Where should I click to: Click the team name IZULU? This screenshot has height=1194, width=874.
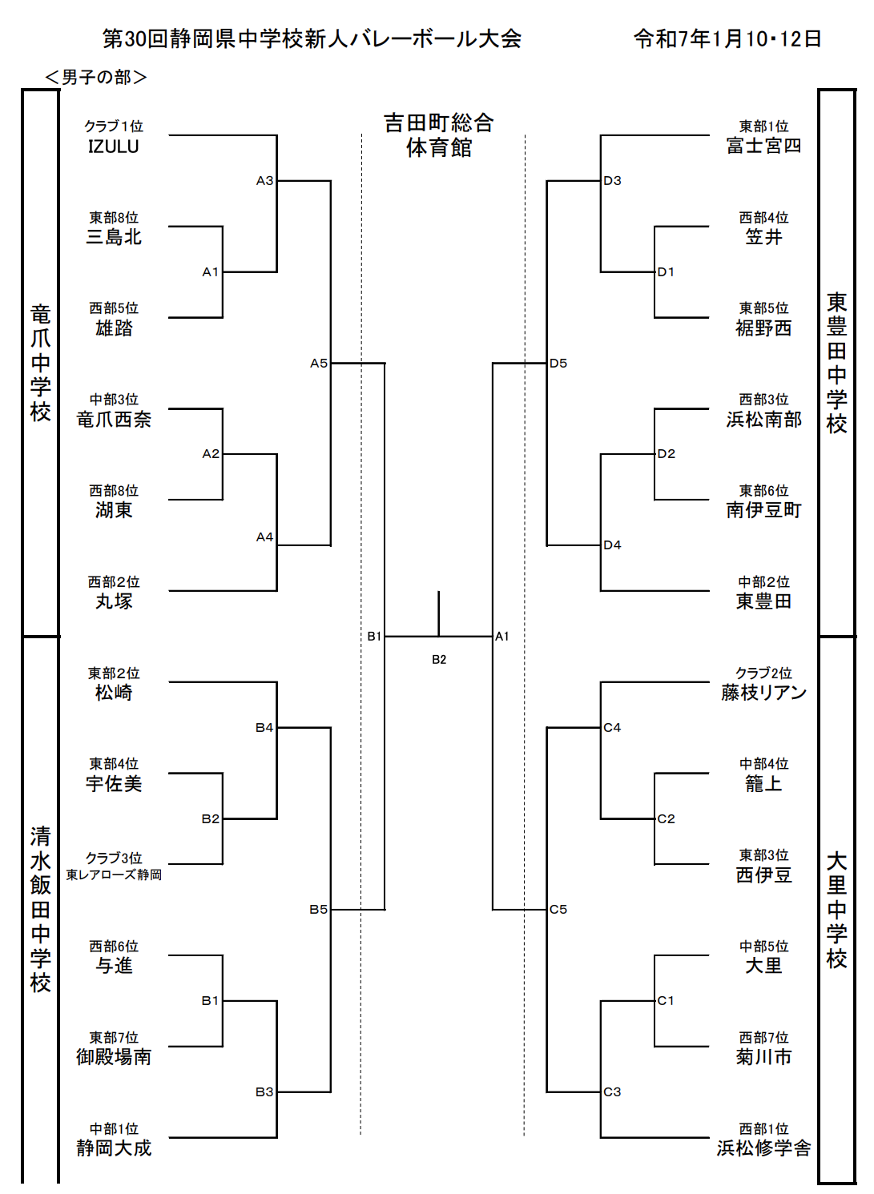(113, 146)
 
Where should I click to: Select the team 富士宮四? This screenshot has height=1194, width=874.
(763, 146)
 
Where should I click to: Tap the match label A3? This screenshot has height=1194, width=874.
(264, 181)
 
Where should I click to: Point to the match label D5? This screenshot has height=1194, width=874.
(558, 363)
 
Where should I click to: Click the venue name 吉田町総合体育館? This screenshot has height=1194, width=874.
(438, 135)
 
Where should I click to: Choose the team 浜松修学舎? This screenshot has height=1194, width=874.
(763, 1148)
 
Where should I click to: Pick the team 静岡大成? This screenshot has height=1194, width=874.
(114, 1148)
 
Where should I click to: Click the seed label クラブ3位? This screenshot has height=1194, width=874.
(114, 858)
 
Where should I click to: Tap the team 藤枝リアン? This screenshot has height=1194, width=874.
(763, 693)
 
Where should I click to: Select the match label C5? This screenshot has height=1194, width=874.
(558, 910)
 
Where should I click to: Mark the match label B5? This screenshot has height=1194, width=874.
(318, 910)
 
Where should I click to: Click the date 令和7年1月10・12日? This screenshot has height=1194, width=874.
(727, 39)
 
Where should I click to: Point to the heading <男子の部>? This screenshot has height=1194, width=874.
(96, 78)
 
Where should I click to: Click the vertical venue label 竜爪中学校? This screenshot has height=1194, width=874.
(41, 363)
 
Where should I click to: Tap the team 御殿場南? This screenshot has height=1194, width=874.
(114, 1056)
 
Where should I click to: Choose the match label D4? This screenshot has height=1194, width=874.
(612, 545)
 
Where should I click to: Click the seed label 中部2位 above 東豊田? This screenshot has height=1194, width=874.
(763, 581)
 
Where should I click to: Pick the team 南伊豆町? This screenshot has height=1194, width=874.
(763, 510)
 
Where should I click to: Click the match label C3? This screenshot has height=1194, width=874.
(612, 1091)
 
